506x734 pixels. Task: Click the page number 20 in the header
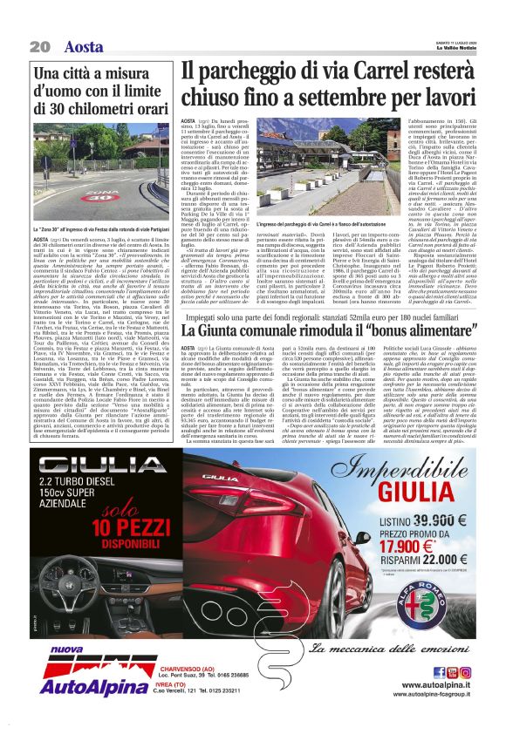39,46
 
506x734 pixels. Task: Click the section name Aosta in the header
84,46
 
